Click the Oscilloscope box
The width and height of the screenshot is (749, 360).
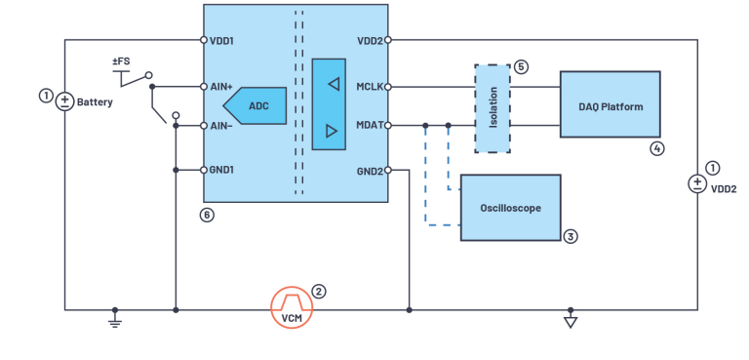(x=510, y=208)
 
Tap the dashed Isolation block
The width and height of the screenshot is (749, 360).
(x=492, y=108)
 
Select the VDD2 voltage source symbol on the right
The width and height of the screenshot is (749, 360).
(x=697, y=183)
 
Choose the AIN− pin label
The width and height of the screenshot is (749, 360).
(x=224, y=126)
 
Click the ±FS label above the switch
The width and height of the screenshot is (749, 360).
(x=122, y=61)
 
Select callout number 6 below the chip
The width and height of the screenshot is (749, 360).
(x=206, y=215)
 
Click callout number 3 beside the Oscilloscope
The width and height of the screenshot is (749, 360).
(x=572, y=235)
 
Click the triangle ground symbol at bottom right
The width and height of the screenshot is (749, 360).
(x=571, y=322)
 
